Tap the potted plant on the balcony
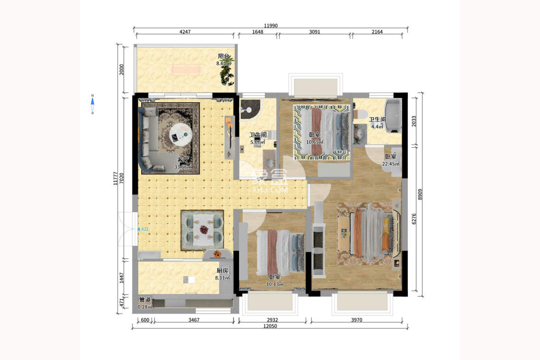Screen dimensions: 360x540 226,75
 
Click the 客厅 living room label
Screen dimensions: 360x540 184,160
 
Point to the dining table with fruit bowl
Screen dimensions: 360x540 202,230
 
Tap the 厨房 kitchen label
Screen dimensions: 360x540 223,271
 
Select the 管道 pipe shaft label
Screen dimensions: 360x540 145,299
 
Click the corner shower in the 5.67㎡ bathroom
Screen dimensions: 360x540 250,107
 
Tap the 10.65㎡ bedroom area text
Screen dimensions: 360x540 315,142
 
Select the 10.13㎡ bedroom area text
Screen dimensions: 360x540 275,284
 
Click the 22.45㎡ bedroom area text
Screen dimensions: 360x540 391,164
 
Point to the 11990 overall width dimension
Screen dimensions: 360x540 271,26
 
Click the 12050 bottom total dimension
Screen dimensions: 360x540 270,326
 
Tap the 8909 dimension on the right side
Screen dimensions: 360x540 421,195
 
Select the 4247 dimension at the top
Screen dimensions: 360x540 185,32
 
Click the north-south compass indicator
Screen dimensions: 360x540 93,104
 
